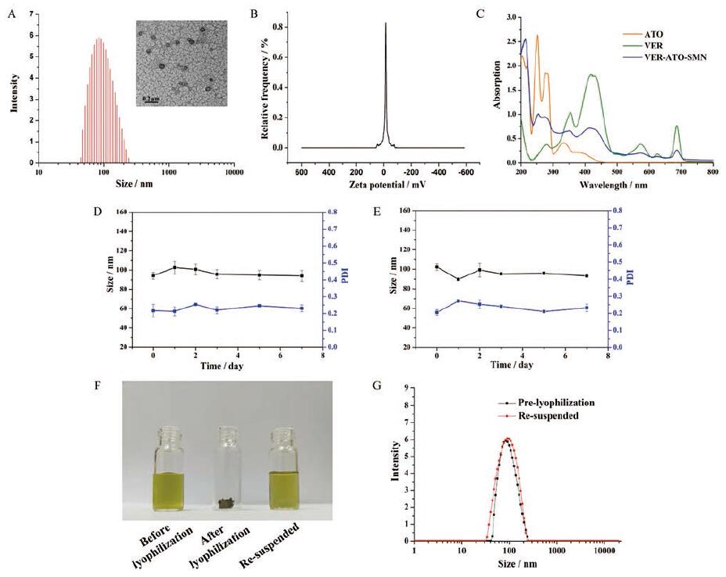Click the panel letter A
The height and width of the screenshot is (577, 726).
tap(12, 13)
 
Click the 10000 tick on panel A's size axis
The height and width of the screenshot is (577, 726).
tap(232, 170)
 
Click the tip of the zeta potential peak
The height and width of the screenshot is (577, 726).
tap(385, 23)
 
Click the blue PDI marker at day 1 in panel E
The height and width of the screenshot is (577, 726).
tap(458, 301)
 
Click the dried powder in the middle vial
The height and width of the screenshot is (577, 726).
tap(228, 501)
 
